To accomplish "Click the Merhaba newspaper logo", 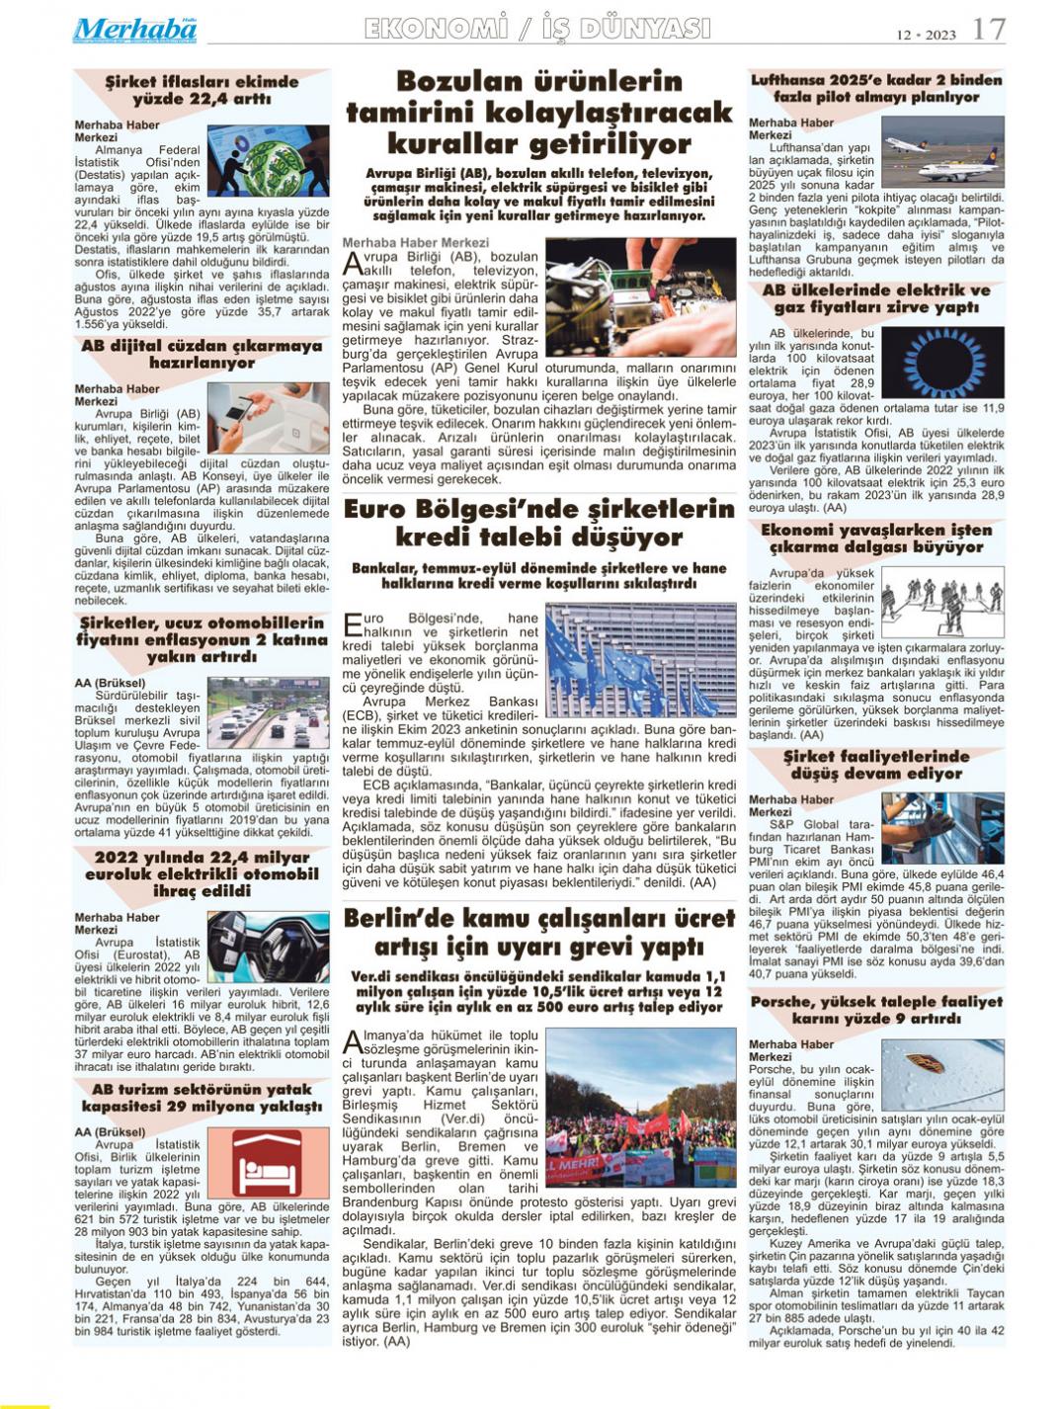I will [x=134, y=30].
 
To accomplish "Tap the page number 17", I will [x=989, y=30].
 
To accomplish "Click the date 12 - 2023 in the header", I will [x=926, y=35].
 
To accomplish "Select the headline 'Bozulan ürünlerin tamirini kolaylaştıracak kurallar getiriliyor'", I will [x=539, y=113].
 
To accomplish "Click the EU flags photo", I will [x=640, y=660].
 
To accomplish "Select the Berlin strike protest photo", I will [x=640, y=1108].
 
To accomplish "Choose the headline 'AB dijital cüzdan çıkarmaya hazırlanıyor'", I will [x=202, y=355].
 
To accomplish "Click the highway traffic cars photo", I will [x=268, y=712].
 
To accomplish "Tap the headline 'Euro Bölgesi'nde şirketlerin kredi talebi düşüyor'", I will [x=539, y=524].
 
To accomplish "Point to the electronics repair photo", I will [x=640, y=297].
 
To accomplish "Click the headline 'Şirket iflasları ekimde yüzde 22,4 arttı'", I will [x=202, y=90].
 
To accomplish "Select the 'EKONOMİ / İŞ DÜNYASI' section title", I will [x=537, y=29].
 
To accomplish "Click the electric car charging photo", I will [x=268, y=946].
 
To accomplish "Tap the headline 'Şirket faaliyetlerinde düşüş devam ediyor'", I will [x=876, y=765].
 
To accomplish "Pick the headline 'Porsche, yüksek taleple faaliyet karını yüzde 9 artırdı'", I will [x=876, y=1010].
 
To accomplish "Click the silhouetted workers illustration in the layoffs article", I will [x=941, y=601].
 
